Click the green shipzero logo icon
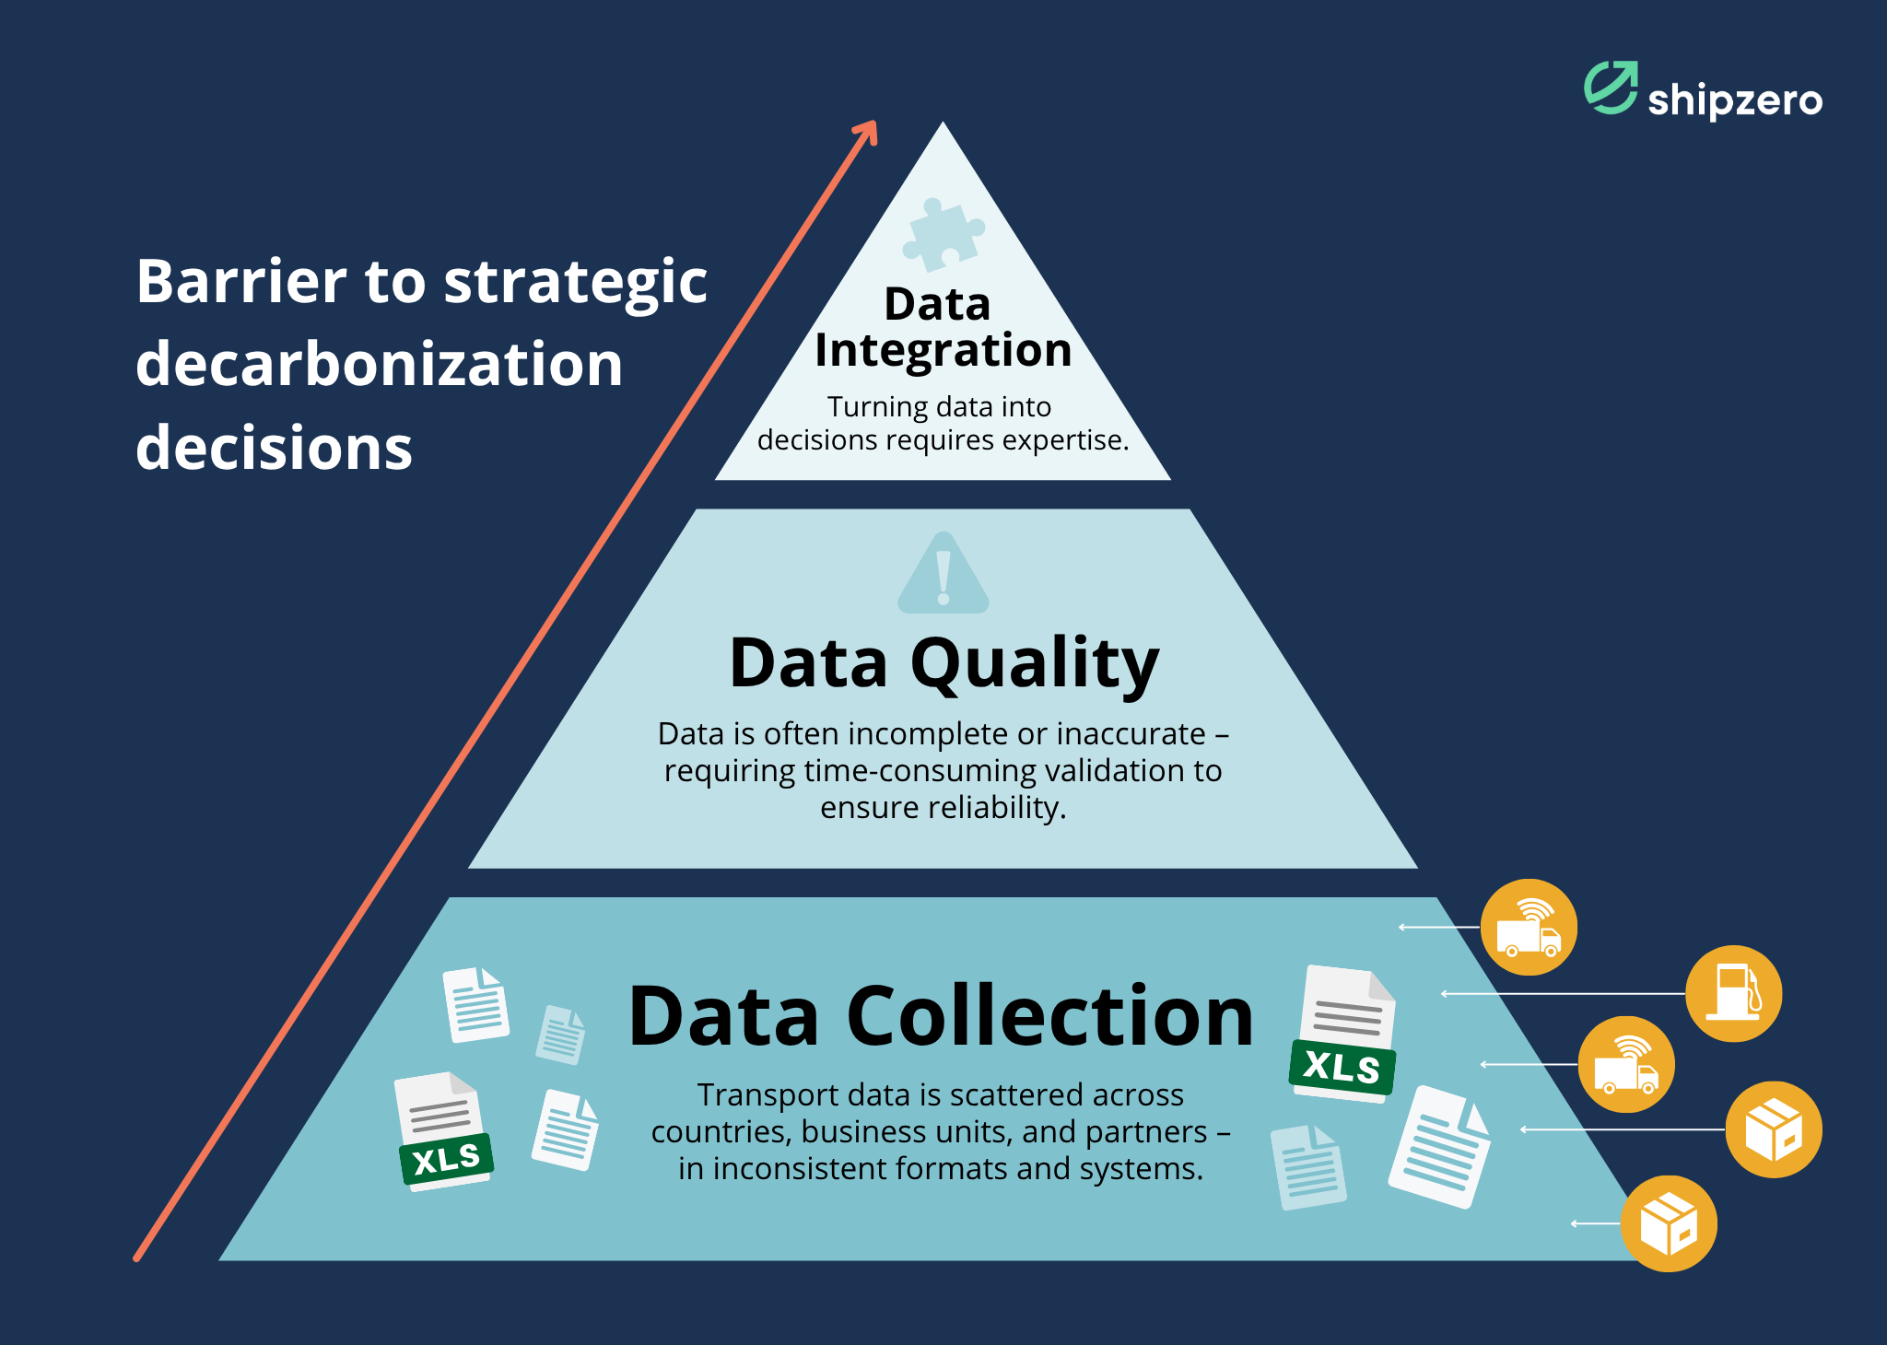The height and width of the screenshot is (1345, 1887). coord(1611,88)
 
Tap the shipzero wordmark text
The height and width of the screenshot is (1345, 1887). coord(1735,100)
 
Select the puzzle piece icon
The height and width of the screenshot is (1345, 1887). coord(943,235)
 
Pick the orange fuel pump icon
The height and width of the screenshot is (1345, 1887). coord(1733,993)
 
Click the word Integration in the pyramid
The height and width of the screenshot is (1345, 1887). coord(943,351)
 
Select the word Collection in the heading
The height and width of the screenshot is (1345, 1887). coord(1049,1017)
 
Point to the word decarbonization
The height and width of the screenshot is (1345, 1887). coord(379,364)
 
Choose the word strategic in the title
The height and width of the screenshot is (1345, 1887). coord(576,283)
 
